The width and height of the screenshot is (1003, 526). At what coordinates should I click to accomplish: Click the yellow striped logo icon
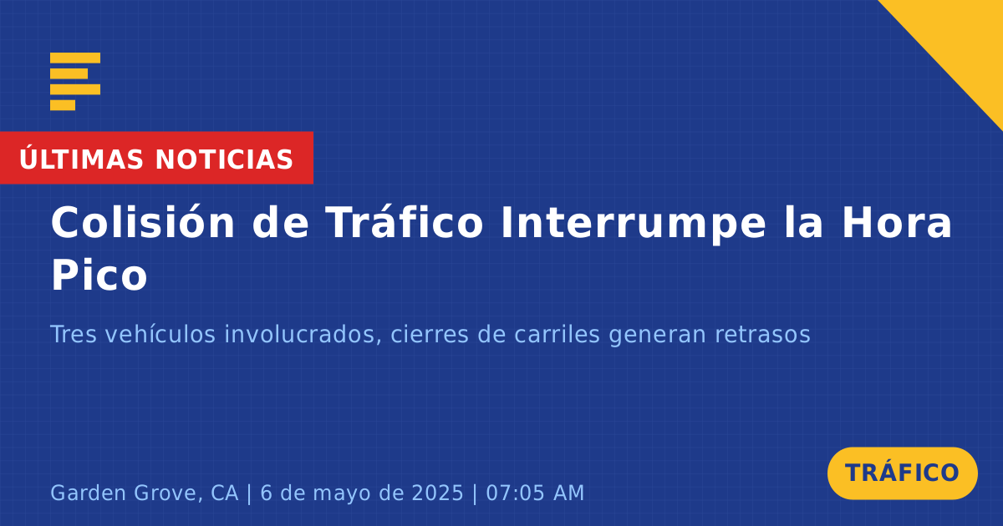75,82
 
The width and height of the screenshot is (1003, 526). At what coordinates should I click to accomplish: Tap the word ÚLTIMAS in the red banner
81,159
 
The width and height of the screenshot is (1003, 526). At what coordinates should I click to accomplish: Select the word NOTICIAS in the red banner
224,159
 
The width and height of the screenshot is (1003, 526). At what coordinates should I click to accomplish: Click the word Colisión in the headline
143,222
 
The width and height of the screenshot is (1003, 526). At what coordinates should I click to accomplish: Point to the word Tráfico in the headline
404,222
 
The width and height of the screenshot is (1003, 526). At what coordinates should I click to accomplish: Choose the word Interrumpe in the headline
634,225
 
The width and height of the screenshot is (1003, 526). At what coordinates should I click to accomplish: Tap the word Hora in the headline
897,223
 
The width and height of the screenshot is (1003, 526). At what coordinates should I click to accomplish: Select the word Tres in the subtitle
74,334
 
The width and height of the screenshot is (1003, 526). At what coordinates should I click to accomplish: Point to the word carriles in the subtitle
557,334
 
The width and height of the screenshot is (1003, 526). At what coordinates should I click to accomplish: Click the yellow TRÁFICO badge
902,473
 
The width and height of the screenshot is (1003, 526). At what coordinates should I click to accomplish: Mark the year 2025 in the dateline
437,493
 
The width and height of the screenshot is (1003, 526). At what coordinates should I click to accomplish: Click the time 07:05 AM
535,493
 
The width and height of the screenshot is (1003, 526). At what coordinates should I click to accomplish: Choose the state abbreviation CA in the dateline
224,493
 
